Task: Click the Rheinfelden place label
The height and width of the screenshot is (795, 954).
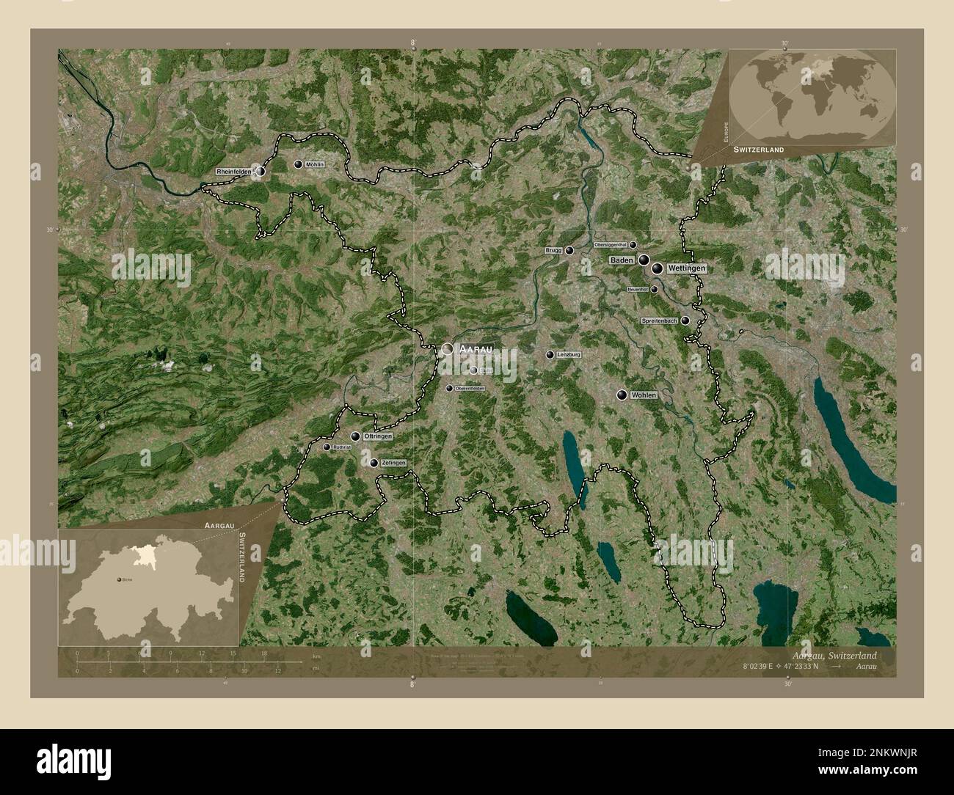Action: (233, 171)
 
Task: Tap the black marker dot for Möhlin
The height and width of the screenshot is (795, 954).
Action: (298, 165)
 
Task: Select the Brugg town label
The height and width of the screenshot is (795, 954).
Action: (553, 250)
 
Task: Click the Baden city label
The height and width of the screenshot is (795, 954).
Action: (621, 260)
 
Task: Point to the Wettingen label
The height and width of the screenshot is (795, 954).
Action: (687, 269)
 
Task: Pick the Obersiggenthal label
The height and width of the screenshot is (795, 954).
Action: (610, 245)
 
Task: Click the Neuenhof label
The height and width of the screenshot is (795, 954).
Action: (638, 290)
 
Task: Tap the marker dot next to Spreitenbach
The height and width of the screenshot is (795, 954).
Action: (685, 320)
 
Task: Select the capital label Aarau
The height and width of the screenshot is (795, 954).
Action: (474, 350)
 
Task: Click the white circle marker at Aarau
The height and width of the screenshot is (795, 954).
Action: (447, 350)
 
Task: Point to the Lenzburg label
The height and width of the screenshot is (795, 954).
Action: (569, 355)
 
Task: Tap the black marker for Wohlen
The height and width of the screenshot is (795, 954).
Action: (622, 395)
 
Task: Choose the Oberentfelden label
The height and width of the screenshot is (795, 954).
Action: (470, 388)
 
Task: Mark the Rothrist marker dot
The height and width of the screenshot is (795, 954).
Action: (327, 447)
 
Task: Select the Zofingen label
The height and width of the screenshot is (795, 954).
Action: (393, 463)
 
